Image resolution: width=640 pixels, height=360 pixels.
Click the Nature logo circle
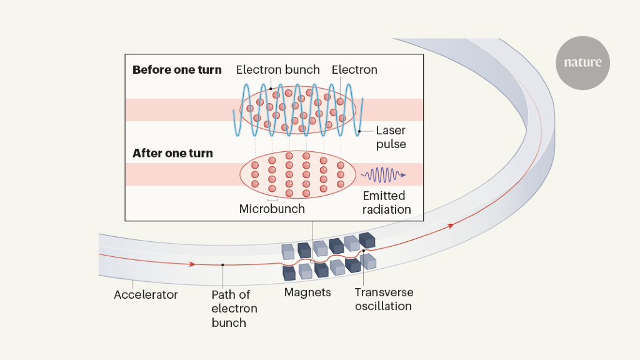pyautogui.click(x=582, y=62)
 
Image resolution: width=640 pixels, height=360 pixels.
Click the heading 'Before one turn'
pyautogui.click(x=177, y=70)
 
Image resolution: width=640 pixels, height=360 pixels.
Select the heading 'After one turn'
pyautogui.click(x=172, y=153)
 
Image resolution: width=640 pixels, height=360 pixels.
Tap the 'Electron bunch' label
pyautogui.click(x=278, y=70)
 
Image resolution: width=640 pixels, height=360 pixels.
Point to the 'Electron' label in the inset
pyautogui.click(x=354, y=70)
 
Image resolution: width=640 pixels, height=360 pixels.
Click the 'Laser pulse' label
pyautogui.click(x=391, y=137)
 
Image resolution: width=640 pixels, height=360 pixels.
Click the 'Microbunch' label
pyautogui.click(x=272, y=209)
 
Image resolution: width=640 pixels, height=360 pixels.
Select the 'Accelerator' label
pyautogui.click(x=146, y=294)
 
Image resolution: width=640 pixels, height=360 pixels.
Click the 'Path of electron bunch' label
pyautogui.click(x=234, y=307)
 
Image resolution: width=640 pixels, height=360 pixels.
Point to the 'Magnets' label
pyautogui.click(x=307, y=292)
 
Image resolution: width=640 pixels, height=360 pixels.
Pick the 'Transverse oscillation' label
pyautogui.click(x=384, y=299)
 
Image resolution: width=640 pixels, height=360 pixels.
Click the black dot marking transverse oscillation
pyautogui.click(x=363, y=251)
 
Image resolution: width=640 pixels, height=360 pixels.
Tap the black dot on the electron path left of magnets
pyautogui.click(x=222, y=265)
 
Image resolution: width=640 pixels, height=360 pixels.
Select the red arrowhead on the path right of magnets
pyautogui.click(x=451, y=226)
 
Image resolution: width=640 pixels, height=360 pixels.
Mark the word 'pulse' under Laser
pyautogui.click(x=391, y=144)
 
